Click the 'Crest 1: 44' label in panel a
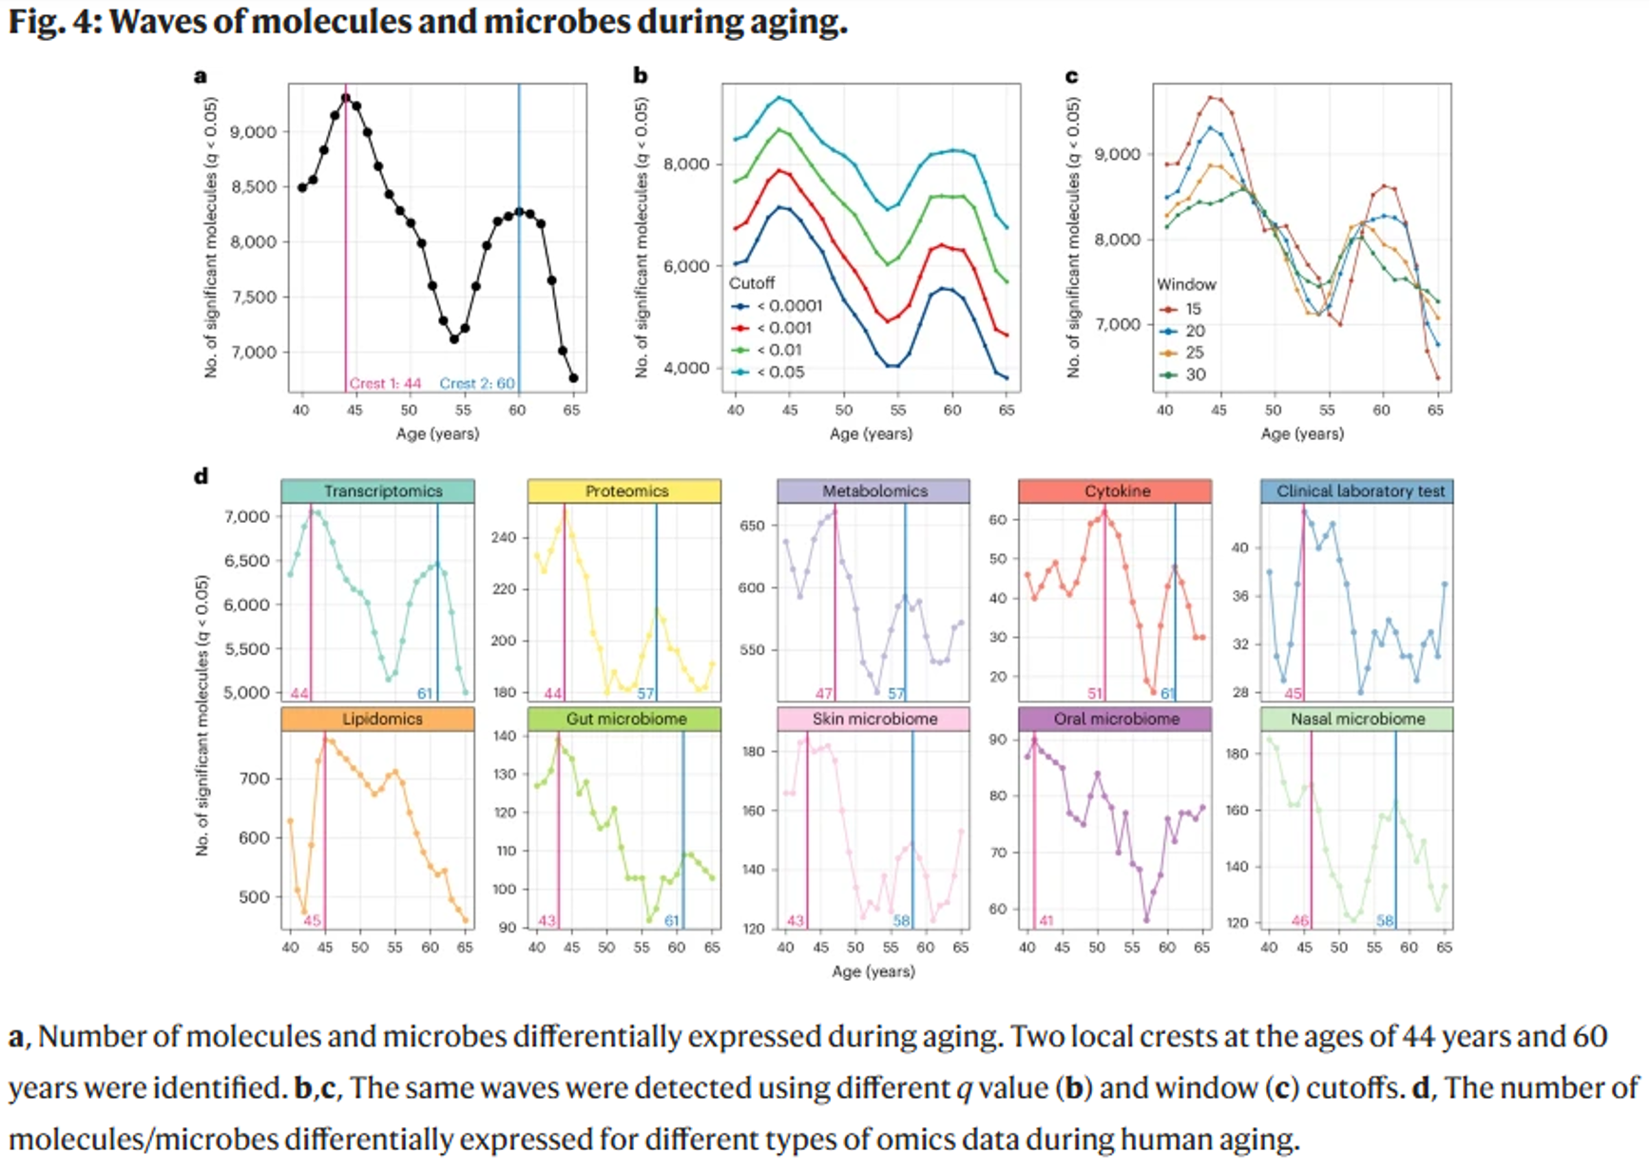[x=385, y=384]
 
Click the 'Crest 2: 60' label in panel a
[x=476, y=384]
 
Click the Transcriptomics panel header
[x=382, y=491]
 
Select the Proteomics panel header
[x=626, y=491]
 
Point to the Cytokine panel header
[x=1117, y=491]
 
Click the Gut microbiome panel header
[x=626, y=720]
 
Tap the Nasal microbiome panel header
[x=1357, y=720]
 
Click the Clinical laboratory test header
[x=1359, y=491]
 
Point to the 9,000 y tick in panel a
[x=255, y=132]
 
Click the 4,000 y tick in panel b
[x=686, y=369]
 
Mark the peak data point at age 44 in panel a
[x=346, y=97]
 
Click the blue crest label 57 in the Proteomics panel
[x=645, y=694]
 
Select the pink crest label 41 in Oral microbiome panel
[x=1046, y=921]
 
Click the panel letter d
[x=201, y=476]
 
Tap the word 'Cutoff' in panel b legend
[x=751, y=283]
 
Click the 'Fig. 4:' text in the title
[x=53, y=21]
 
